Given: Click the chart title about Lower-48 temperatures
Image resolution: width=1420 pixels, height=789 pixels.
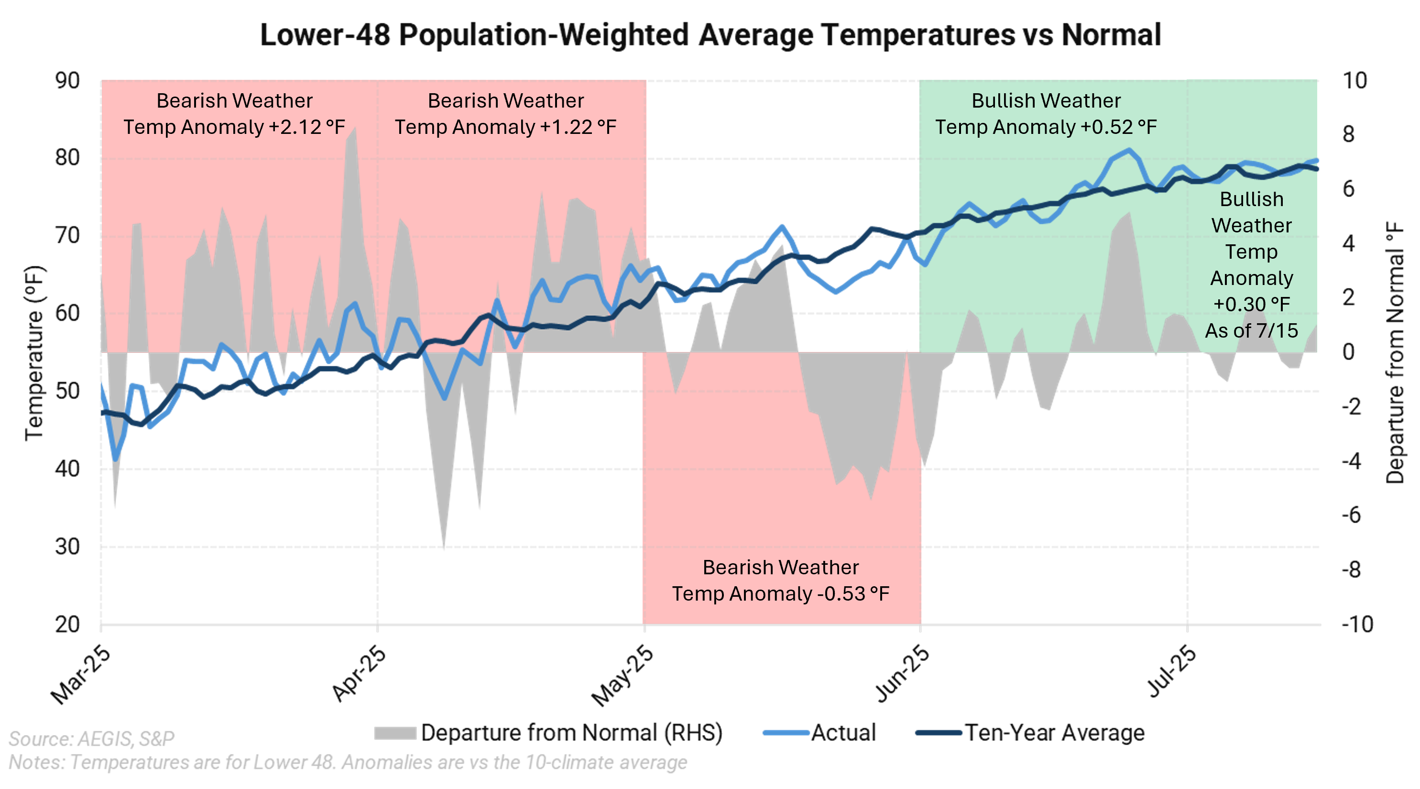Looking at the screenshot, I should tap(710, 35).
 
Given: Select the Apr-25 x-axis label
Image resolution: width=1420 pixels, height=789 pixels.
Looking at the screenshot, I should tap(360, 674).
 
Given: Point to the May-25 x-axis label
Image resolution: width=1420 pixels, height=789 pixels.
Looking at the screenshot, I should tap(623, 676).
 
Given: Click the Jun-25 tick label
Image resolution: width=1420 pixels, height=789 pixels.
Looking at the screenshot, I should tap(902, 674).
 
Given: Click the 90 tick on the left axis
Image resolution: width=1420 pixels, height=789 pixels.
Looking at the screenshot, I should tap(68, 81).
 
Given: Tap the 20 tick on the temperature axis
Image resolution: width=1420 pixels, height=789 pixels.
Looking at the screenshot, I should tap(68, 625).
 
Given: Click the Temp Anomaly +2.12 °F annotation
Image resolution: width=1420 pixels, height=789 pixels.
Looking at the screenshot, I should tap(234, 127).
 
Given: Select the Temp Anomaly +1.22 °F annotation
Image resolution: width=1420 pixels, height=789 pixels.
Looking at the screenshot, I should tap(505, 127).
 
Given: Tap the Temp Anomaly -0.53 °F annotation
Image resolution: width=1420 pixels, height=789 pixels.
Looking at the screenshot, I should tap(781, 594).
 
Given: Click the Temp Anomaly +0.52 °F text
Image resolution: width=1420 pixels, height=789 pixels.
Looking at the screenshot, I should tap(1046, 127).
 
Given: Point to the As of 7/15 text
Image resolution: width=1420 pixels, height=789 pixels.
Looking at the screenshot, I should tap(1251, 331).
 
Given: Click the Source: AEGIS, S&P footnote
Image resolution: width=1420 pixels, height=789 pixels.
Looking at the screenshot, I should tap(91, 738).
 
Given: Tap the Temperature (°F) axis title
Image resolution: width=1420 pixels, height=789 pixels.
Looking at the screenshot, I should tap(34, 353).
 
